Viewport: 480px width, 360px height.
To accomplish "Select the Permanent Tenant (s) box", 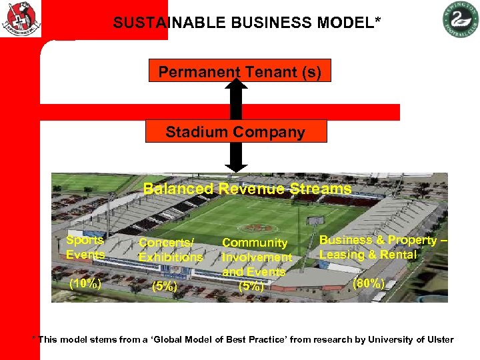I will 239,71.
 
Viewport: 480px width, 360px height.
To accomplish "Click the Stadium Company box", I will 236,131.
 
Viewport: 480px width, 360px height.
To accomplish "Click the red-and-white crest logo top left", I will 21,19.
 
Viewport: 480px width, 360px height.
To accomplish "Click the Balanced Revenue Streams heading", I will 247,189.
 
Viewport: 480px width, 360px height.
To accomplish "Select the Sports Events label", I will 85,247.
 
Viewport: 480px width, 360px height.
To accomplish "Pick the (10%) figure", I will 85,283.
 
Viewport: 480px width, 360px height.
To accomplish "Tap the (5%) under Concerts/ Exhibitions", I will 164,287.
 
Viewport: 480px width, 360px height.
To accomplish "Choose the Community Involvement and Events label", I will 257,257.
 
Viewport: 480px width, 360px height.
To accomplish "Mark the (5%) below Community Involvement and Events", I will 251,287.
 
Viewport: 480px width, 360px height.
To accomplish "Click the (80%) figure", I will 369,283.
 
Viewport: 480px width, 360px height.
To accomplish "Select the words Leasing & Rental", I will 367,255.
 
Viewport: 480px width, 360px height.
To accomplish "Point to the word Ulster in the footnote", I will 439,340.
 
